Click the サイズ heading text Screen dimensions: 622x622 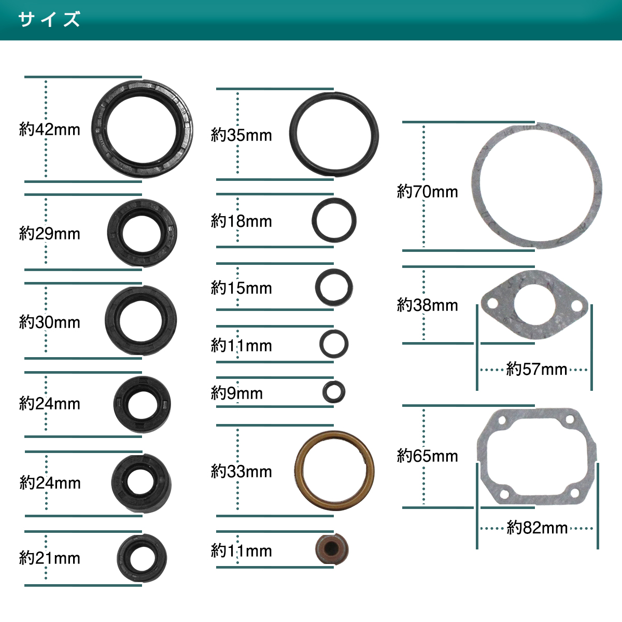tap(49, 19)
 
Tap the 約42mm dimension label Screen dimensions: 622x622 tap(49, 130)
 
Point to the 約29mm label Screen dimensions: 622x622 tap(49, 233)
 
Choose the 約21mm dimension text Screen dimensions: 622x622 tap(49, 558)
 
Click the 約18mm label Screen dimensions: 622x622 tap(241, 221)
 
